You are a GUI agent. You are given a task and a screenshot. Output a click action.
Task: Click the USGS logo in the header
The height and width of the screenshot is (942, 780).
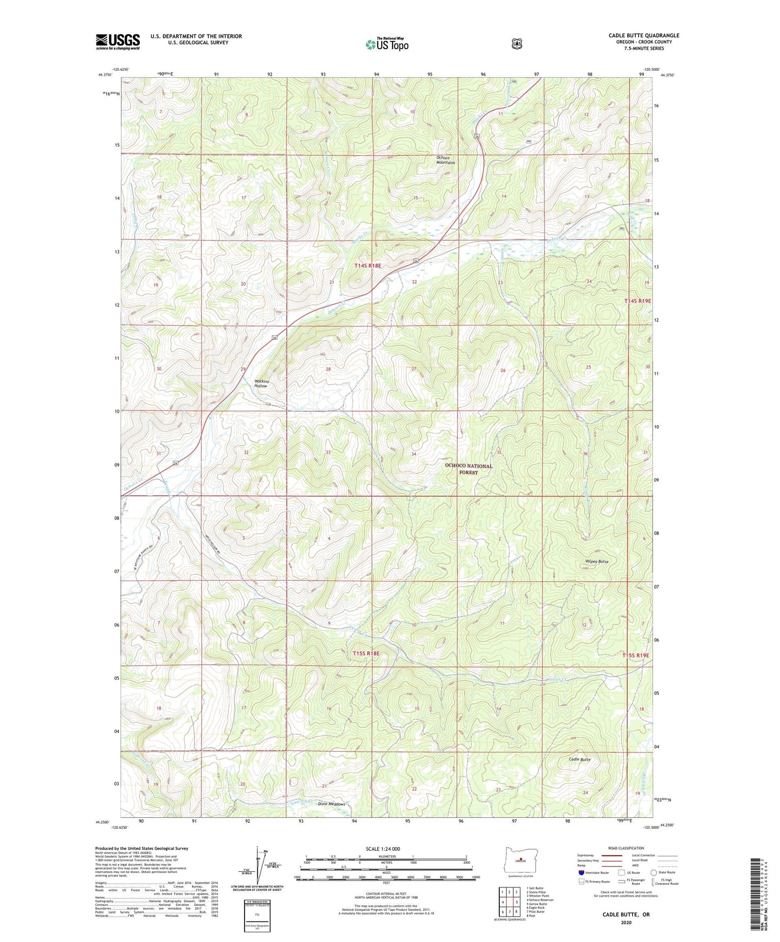click(118, 42)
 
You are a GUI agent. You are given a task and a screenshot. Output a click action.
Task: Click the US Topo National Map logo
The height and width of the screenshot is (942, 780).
click(386, 44)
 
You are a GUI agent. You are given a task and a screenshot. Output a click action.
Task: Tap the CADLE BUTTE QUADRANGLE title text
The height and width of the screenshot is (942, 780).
click(643, 36)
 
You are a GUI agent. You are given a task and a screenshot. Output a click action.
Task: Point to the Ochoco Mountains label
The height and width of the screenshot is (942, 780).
click(445, 160)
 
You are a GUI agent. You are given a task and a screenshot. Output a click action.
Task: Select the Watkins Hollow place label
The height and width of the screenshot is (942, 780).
click(261, 384)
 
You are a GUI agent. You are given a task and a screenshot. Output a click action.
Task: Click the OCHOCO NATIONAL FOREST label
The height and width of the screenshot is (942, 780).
click(468, 469)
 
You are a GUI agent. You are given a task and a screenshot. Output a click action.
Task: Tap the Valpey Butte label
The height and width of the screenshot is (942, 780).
click(595, 562)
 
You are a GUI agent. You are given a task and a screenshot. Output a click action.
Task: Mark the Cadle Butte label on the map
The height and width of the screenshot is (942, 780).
click(580, 760)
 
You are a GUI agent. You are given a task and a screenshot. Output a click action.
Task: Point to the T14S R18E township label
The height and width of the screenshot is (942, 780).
click(368, 265)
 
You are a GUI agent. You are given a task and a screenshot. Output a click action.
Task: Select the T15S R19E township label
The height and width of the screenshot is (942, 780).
click(635, 655)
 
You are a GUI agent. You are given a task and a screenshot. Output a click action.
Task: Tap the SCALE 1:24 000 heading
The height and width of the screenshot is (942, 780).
click(383, 849)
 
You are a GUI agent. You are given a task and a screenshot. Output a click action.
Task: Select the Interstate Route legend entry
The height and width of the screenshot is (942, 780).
click(593, 872)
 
